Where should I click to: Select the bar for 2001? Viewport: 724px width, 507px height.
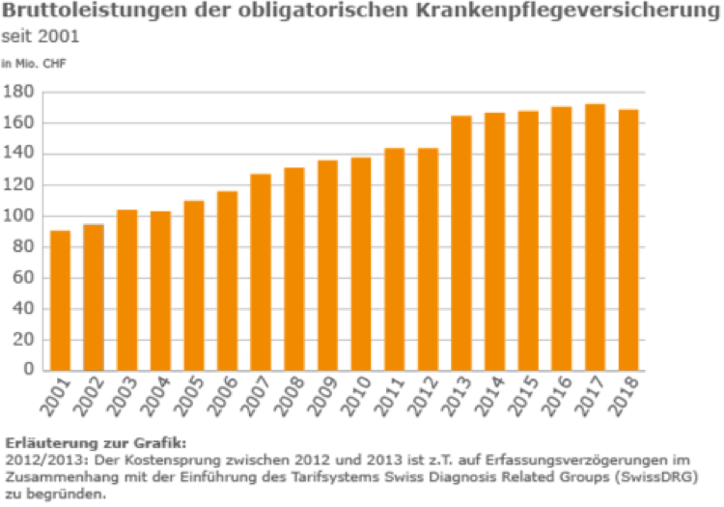[60, 299]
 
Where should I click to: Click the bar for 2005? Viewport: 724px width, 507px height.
[193, 285]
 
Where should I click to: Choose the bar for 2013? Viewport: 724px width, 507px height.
[461, 242]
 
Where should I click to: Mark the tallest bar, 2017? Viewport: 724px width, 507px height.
[595, 237]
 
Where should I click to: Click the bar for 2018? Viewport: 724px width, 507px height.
[628, 239]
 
